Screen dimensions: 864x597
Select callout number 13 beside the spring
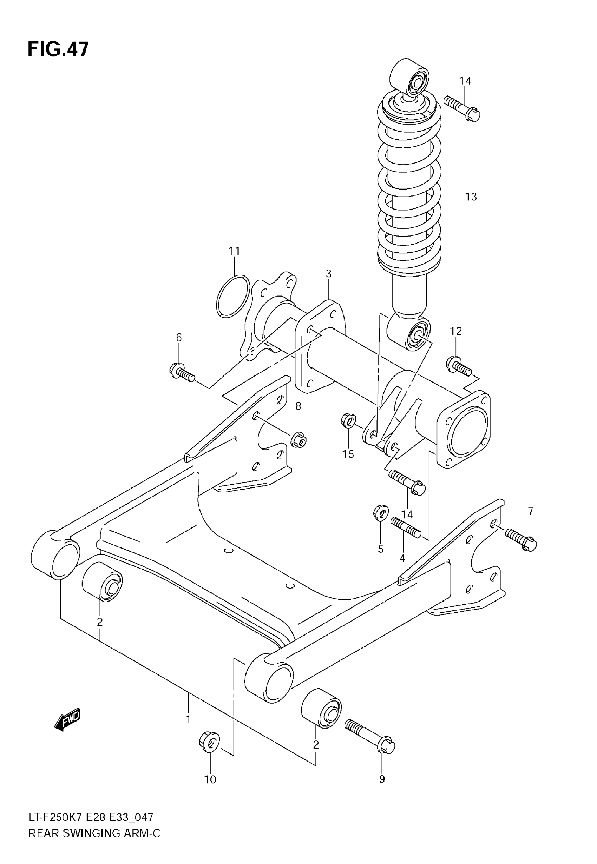471,197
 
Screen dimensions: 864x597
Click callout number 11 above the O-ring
234,251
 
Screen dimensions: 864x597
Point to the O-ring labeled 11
233,297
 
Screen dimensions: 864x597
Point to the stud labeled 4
406,526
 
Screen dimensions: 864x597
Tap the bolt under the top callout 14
462,108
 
